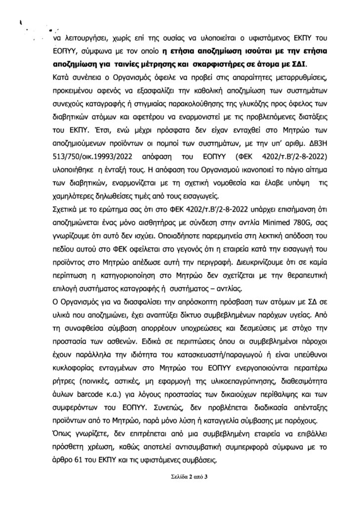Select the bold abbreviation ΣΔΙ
point(296,64)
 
